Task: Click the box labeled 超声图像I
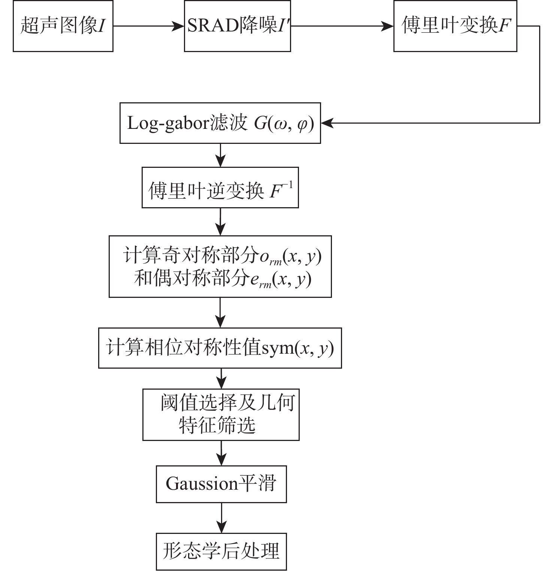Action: tap(63, 26)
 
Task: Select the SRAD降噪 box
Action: tap(237, 26)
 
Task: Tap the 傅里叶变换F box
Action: tap(455, 26)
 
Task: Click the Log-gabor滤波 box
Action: tap(220, 123)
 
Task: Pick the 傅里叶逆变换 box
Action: tap(220, 188)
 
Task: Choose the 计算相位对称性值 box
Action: tap(220, 348)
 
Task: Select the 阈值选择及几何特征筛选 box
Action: tap(221, 414)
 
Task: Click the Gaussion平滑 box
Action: tap(221, 484)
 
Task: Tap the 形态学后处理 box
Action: tap(221, 552)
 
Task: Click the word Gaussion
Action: tap(202, 484)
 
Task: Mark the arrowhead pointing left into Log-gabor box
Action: tap(326, 123)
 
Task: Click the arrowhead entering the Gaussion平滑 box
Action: tap(222, 461)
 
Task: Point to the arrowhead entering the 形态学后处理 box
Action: tap(222, 528)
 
